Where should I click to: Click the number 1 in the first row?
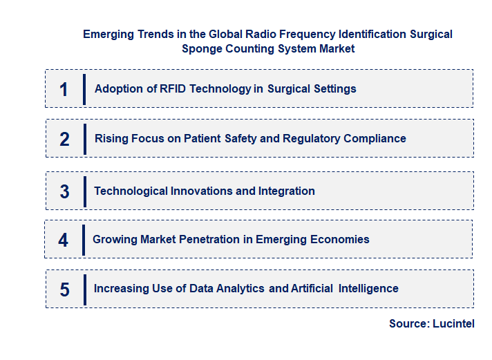(x=64, y=89)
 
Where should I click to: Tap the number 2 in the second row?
(x=64, y=139)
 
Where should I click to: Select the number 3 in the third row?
(x=64, y=191)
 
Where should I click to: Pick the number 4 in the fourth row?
(x=64, y=240)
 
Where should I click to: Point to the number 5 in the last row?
(x=64, y=289)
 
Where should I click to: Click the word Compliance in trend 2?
(x=374, y=138)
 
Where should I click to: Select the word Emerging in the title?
(x=106, y=34)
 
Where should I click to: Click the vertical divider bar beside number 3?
(x=84, y=191)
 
